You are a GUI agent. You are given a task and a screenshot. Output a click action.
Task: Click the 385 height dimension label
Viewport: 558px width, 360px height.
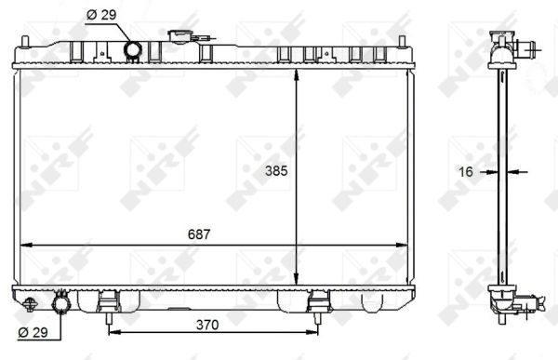pos(276,171)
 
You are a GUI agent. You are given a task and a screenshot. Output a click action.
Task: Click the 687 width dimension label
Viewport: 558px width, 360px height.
pos(199,234)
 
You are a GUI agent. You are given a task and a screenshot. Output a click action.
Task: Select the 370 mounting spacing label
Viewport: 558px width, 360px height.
pos(207,325)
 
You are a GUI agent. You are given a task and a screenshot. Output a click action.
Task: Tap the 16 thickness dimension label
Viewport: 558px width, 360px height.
pos(466,172)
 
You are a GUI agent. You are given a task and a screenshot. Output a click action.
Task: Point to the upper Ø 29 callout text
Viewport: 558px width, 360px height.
pos(101,15)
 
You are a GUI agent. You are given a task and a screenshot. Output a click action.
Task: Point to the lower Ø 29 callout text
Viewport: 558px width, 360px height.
pos(33,333)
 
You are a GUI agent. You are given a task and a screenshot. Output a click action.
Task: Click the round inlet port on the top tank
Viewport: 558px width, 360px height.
pos(133,49)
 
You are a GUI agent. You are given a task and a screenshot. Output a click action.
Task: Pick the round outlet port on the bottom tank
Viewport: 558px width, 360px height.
pos(61,304)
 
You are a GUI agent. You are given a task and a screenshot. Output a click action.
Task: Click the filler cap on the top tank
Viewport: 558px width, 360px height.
pos(180,36)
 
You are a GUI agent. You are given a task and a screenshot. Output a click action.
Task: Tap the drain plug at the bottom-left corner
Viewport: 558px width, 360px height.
pos(29,305)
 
